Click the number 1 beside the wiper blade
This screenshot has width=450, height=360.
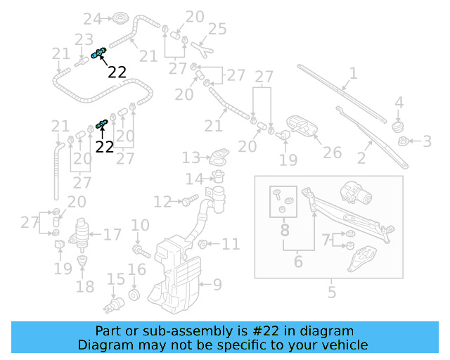click(353, 72)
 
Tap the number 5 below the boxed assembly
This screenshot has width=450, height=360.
click(332, 292)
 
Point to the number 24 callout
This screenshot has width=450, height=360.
click(93, 18)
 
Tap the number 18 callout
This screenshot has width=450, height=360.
click(84, 286)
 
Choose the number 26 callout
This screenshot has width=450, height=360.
click(332, 152)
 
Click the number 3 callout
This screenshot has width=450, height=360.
click(426, 142)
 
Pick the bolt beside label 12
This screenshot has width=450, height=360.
click(186, 202)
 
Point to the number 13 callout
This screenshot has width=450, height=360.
click(191, 156)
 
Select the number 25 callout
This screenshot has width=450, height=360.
click(217, 29)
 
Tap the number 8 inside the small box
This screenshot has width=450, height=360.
click(285, 229)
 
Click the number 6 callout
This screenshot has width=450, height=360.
click(297, 262)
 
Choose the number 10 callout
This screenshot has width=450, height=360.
click(141, 226)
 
